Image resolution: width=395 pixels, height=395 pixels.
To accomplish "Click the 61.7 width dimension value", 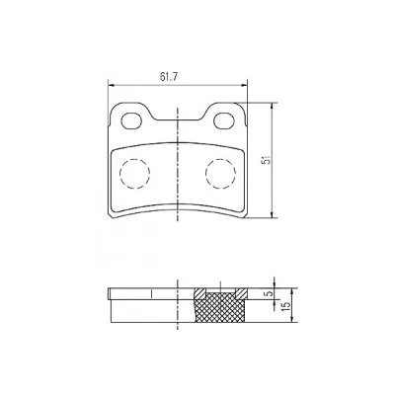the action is pyautogui.click(x=169, y=77).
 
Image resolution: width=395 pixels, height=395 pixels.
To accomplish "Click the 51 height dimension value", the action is pyautogui.click(x=267, y=160).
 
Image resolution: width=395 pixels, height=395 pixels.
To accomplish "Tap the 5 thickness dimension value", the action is pyautogui.click(x=269, y=292).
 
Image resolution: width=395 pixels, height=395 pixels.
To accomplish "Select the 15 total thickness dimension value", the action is pyautogui.click(x=286, y=305).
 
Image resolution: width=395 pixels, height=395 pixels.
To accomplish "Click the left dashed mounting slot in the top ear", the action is pyautogui.click(x=131, y=120).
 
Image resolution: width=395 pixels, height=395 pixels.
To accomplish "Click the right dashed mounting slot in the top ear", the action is pyautogui.click(x=224, y=120).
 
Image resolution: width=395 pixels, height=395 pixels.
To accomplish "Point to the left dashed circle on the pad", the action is pyautogui.click(x=134, y=173).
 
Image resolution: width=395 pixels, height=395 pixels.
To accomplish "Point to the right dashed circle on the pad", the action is pyautogui.click(x=220, y=173).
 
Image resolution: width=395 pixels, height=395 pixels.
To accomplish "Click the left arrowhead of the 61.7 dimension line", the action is pyautogui.click(x=111, y=86).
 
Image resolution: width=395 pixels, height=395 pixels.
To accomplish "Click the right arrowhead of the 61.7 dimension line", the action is pyautogui.click(x=244, y=86).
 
